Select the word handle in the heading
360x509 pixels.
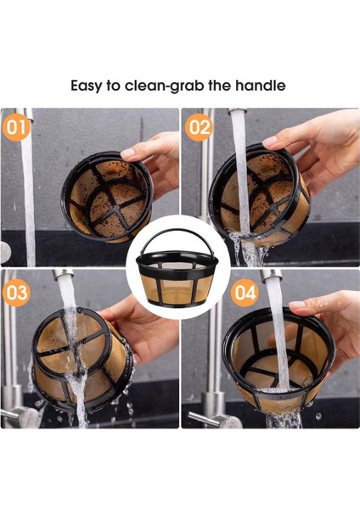[x=261, y=86]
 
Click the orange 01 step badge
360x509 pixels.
[x=16, y=127]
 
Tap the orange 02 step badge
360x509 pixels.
[x=199, y=127]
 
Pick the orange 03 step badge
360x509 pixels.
[x=16, y=293]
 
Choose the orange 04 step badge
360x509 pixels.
[x=245, y=293]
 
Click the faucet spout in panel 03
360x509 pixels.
[x=64, y=275]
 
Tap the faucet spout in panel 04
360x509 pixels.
[x=271, y=276]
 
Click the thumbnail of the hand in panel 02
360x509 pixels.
[x=269, y=141]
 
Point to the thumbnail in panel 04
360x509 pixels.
[x=296, y=305]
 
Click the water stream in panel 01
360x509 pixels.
[x=29, y=195]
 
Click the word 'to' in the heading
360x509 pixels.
[x=113, y=86]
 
